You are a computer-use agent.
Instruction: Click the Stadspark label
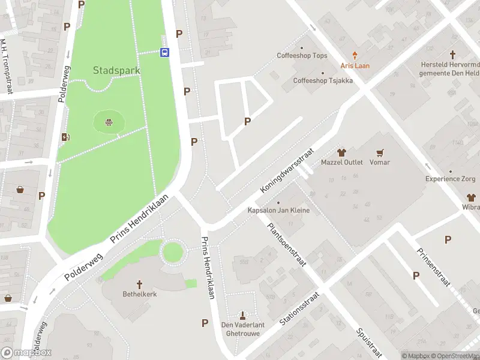coord(116,70)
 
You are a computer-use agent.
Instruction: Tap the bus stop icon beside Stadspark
coord(164,52)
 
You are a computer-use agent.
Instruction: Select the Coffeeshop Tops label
coord(302,56)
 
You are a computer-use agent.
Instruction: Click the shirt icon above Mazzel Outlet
coord(342,152)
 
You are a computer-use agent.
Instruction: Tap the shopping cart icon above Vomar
coord(379,152)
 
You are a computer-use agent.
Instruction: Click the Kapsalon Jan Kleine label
coord(278,211)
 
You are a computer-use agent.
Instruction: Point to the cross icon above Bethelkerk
coord(140,284)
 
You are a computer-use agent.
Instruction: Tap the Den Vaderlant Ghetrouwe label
coord(242,329)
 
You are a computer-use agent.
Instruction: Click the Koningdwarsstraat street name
coord(279,172)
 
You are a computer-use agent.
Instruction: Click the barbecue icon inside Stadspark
coord(109,123)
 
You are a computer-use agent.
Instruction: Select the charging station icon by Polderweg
coord(65,137)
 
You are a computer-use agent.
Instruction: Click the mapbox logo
coord(26,353)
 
